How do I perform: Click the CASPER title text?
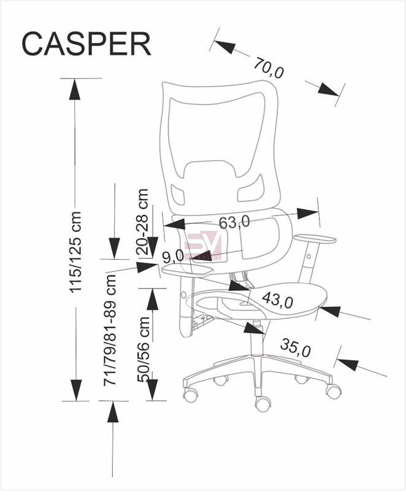[x=86, y=44]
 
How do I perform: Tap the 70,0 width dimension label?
[x=269, y=68]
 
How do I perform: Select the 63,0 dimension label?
[x=234, y=222]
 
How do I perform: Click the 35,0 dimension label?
[x=295, y=347]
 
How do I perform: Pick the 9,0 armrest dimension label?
[x=173, y=257]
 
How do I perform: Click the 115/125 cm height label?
[x=75, y=252]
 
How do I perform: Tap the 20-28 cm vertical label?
[x=142, y=222]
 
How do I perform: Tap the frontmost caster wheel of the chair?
[x=263, y=404]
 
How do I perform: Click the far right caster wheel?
[x=334, y=391]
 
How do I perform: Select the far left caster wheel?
[x=191, y=395]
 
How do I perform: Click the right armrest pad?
[x=315, y=239]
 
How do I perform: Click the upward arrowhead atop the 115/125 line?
[x=75, y=89]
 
